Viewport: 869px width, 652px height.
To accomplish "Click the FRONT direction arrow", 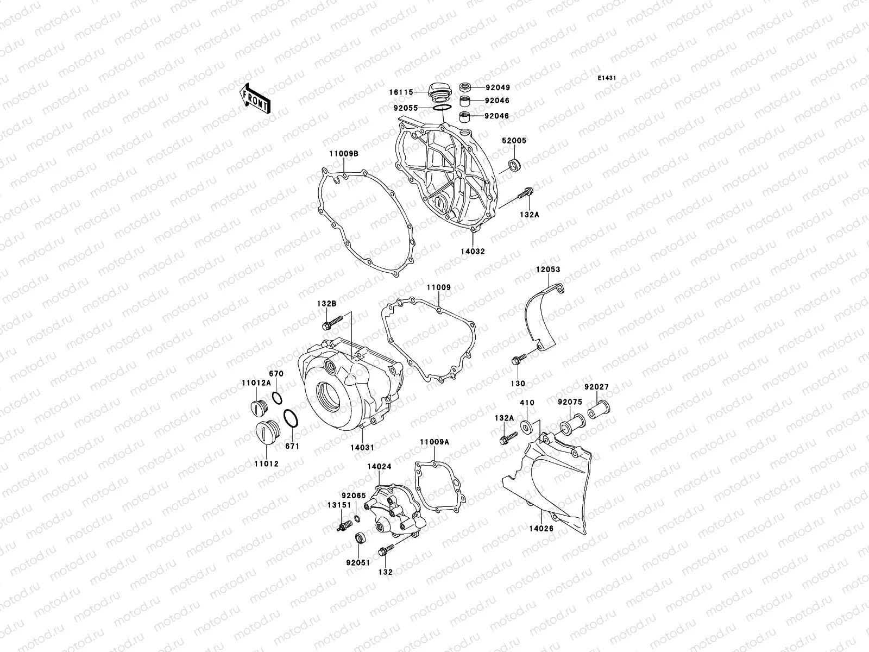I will (256, 98).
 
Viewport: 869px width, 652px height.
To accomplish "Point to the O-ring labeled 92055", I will (441, 109).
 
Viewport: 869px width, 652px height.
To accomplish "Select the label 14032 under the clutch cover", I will (473, 252).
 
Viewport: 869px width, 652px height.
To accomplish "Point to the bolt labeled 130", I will (517, 359).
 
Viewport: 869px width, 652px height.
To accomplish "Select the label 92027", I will (596, 387).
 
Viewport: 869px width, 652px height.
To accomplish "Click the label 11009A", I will (434, 442).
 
